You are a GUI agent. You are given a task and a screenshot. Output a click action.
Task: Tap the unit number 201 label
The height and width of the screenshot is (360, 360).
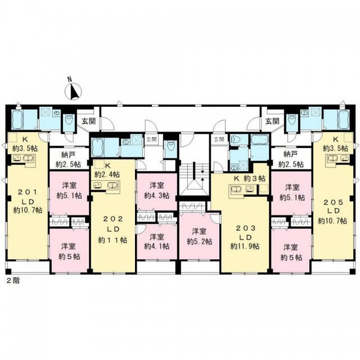pyautogui.click(x=28, y=193)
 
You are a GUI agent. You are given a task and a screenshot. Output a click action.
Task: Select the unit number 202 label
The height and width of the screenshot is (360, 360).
pyautogui.click(x=113, y=219)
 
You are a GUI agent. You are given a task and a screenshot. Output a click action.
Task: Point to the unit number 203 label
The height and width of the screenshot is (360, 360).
pyautogui.click(x=245, y=228)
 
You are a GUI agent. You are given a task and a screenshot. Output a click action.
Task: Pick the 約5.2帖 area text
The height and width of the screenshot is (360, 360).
pyautogui.click(x=199, y=241)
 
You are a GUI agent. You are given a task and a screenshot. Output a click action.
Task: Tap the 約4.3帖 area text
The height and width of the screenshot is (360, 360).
pyautogui.click(x=157, y=196)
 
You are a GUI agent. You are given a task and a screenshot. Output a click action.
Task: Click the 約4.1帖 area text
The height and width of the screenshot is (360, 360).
pyautogui.click(x=157, y=246)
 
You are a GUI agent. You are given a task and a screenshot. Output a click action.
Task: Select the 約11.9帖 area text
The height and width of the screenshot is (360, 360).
pyautogui.click(x=245, y=247)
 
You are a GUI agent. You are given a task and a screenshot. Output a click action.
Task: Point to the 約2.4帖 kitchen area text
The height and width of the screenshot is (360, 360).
pyautogui.click(x=107, y=175)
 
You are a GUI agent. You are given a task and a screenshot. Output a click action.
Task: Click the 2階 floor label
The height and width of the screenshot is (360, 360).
pyautogui.click(x=13, y=281)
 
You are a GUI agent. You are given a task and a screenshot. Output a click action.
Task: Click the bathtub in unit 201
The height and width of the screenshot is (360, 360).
pyautogui.click(x=17, y=119)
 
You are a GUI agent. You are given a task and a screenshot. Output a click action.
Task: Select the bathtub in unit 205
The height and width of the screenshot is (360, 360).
pyautogui.click(x=343, y=119)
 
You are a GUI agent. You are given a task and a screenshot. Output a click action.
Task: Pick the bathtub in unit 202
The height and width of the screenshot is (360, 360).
pyautogui.click(x=98, y=148)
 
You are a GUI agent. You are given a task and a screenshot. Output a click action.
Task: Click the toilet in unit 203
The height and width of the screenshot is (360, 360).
pyautogui.click(x=236, y=140)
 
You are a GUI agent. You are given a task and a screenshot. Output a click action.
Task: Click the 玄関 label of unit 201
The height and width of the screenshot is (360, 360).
pyautogui.click(x=89, y=121)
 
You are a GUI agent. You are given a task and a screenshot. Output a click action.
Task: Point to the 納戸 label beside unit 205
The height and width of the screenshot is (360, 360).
pyautogui.click(x=290, y=154)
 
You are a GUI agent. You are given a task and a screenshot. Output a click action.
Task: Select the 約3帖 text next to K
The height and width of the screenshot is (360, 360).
pyautogui.click(x=254, y=178)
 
